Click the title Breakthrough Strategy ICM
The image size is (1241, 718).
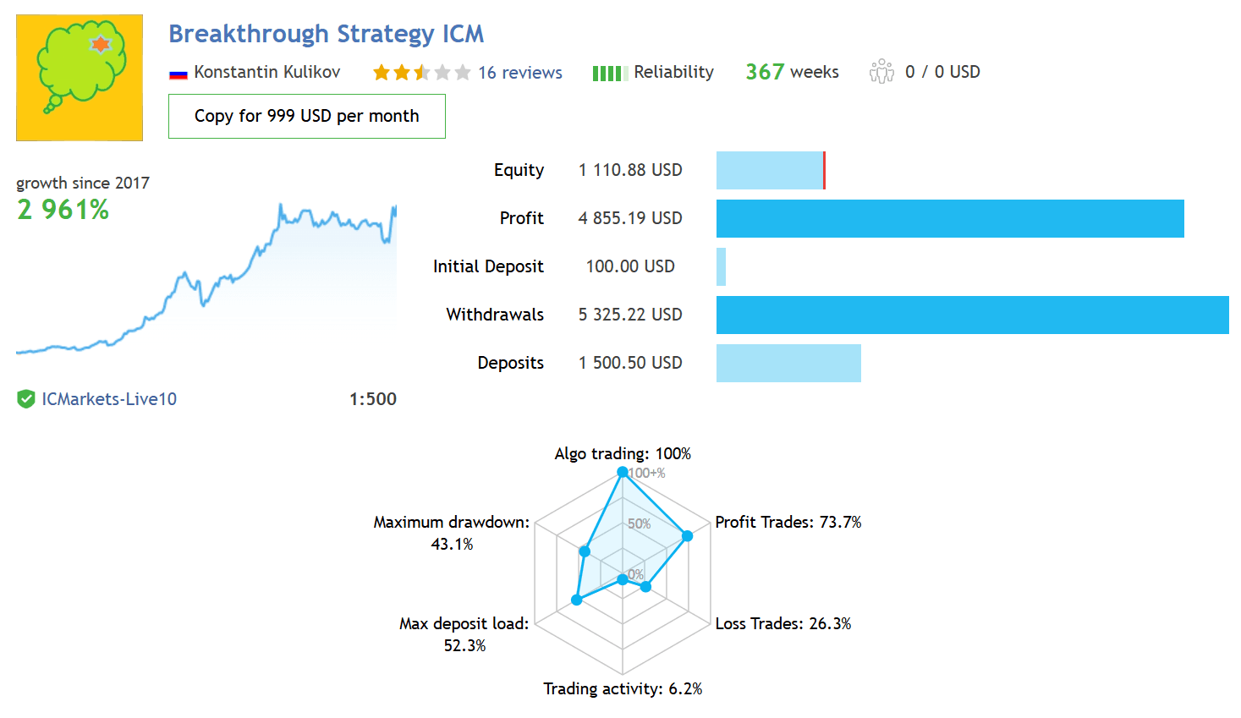coord(326,34)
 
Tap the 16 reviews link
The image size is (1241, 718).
coord(519,73)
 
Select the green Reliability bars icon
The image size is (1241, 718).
coord(610,73)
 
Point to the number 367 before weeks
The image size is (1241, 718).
coord(765,72)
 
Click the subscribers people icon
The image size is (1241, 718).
coord(881,72)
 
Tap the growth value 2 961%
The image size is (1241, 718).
coord(63,210)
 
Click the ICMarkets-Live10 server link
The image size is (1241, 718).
coord(109,399)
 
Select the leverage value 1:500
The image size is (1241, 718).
coord(373,399)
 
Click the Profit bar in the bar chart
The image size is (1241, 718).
coord(950,218)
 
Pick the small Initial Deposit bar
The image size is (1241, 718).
coord(721,266)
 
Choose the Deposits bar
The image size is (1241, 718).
coord(788,363)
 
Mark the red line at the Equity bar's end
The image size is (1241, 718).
coord(825,170)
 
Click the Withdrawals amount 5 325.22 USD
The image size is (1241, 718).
coord(630,315)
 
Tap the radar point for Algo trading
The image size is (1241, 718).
coord(622,472)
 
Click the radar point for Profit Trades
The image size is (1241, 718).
coord(687,535)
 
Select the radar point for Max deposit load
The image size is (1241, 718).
coord(577,600)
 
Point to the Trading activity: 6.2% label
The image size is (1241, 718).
coord(623,688)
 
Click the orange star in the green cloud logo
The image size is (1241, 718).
coord(101,44)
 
